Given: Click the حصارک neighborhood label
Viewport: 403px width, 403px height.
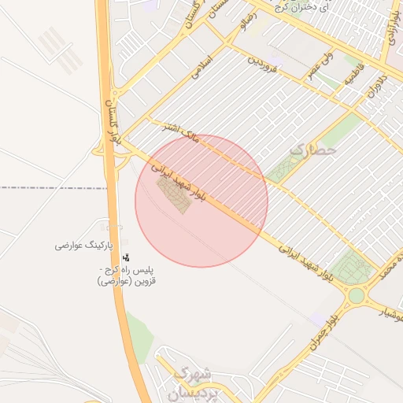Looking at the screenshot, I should click(313, 148).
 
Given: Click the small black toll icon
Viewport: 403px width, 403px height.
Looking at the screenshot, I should click(127, 257).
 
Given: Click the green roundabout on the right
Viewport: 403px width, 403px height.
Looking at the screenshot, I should click(357, 296).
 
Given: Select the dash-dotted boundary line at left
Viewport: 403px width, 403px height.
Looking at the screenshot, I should click(47, 188).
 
